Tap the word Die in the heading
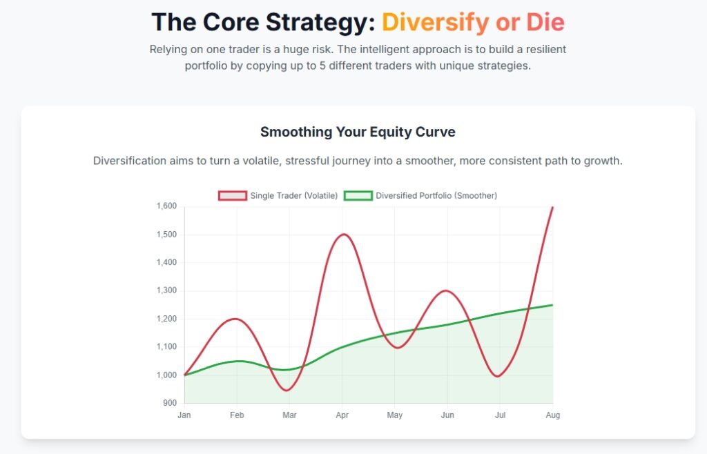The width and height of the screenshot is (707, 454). point(545,22)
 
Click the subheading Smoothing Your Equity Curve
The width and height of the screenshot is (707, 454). point(358,132)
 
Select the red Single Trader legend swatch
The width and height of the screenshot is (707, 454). point(232,196)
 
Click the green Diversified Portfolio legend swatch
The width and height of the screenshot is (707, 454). point(358,196)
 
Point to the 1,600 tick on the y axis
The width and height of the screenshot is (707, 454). point(167,206)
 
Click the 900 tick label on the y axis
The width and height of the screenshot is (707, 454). point(170,403)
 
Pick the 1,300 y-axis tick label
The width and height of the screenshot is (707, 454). point(167,290)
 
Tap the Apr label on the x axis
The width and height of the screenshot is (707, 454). point(342,415)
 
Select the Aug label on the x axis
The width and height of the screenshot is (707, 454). point(552,415)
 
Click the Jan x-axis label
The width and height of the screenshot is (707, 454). point(184,415)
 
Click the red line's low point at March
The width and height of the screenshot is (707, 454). point(289,390)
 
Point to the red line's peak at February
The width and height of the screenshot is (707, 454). point(237,319)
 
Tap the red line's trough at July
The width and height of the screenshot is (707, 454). point(499,376)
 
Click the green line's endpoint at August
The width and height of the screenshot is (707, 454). point(552,305)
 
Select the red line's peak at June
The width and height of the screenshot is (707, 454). point(447,290)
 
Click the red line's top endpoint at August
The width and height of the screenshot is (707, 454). point(552,207)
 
